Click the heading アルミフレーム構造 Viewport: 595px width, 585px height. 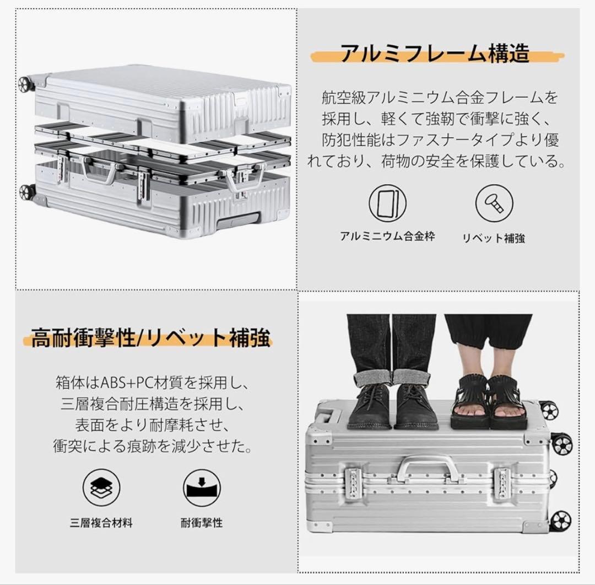tap(434, 53)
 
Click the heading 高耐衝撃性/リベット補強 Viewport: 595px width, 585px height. tap(150, 337)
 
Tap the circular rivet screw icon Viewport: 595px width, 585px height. tap(494, 203)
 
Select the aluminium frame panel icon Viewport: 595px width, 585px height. tap(387, 202)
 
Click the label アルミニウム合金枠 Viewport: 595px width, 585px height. tap(387, 237)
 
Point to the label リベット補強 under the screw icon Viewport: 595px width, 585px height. tap(494, 238)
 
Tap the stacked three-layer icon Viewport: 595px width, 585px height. tap(101, 488)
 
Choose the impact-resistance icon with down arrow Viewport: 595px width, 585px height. tap(202, 488)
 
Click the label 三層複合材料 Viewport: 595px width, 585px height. tap(101, 523)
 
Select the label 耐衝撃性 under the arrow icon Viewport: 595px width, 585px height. tap(202, 523)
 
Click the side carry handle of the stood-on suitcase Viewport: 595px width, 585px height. tap(425, 466)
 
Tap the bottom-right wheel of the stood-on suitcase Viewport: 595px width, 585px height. tap(560, 520)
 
